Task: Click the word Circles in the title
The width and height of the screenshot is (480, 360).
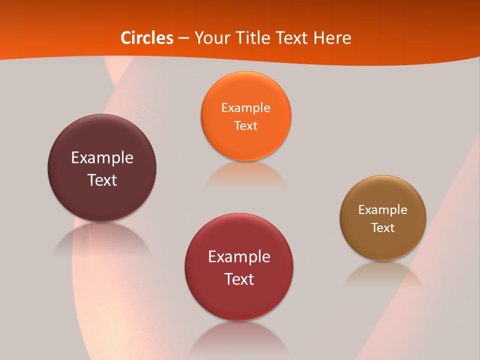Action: [x=147, y=38]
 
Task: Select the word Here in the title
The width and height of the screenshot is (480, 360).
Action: [x=332, y=38]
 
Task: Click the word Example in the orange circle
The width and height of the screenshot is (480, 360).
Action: [x=245, y=108]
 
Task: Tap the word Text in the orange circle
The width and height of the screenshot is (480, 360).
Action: [x=245, y=125]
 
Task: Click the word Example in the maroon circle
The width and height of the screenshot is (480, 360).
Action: [x=102, y=158]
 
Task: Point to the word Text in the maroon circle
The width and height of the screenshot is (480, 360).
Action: [x=102, y=180]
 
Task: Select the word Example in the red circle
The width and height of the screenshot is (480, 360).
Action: [x=239, y=257]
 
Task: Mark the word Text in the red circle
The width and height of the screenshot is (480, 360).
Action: [x=239, y=279]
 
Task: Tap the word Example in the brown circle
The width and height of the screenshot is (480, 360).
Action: [x=383, y=210]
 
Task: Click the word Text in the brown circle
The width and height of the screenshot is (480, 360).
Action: [x=383, y=228]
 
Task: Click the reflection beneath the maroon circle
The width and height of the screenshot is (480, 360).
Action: [x=102, y=240]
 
